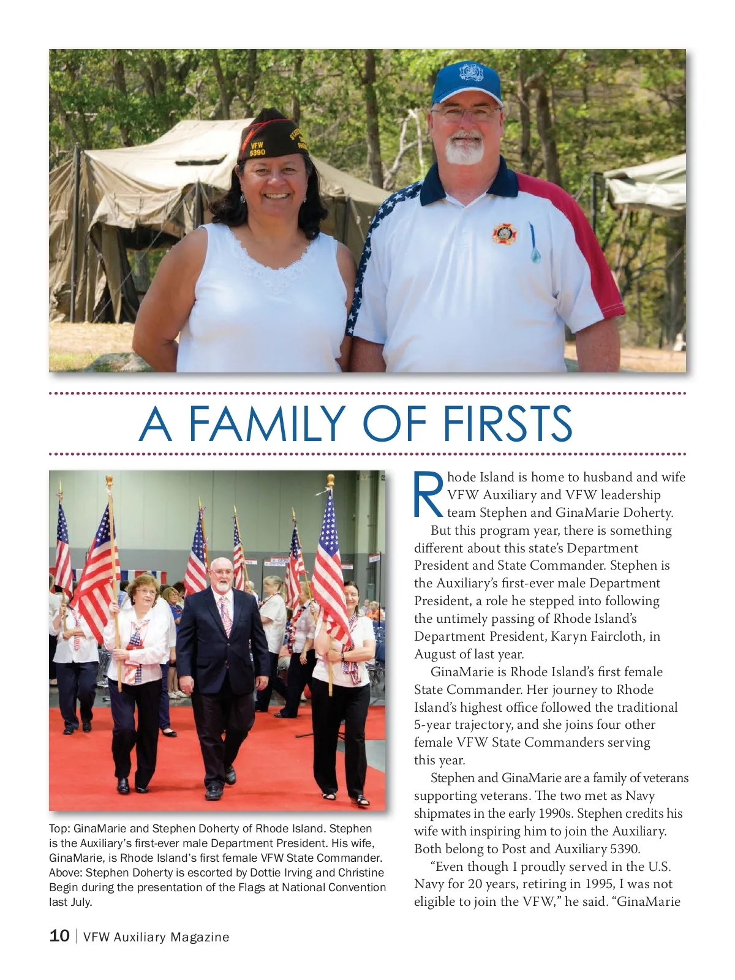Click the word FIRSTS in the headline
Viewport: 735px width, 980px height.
507,423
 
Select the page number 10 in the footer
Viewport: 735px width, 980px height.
59,936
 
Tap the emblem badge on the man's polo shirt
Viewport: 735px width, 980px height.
504,234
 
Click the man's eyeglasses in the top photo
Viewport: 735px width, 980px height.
466,113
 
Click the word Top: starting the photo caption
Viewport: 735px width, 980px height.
59,829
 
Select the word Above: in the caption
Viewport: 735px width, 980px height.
66,873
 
